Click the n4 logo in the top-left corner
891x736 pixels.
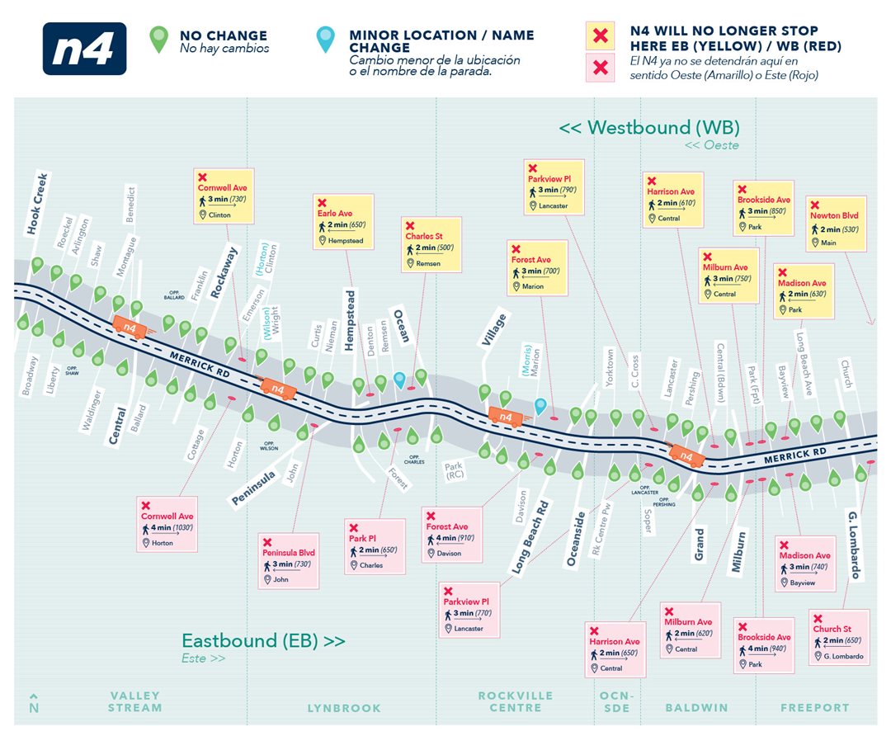pos(84,49)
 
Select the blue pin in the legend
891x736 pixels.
pos(328,40)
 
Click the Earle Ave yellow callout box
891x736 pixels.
pos(343,222)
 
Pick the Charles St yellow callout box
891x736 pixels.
pos(433,246)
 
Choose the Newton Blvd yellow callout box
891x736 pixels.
pos(836,224)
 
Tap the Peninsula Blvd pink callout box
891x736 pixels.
pos(289,560)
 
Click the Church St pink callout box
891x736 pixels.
pos(839,637)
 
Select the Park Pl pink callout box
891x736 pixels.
pos(375,546)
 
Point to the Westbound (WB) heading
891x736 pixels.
pos(649,129)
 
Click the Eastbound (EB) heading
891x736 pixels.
pos(263,641)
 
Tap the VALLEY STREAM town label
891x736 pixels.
pos(136,702)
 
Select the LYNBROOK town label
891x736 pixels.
pos(344,708)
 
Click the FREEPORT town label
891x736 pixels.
pos(815,708)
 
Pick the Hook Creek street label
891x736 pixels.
pos(38,204)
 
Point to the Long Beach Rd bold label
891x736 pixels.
pos(530,536)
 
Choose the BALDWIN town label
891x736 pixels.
pos(697,708)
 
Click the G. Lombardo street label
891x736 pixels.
pos(855,545)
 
